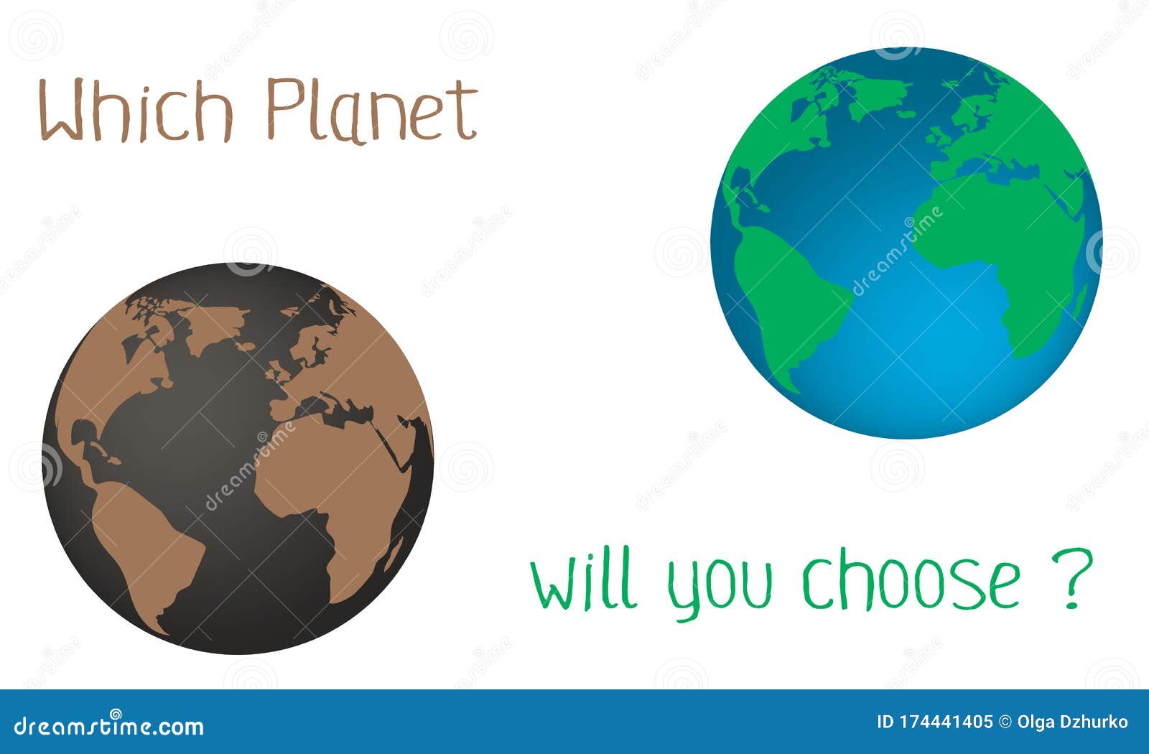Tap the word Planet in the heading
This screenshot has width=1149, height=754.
coord(371,111)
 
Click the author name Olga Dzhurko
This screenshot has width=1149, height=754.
coord(1073,722)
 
